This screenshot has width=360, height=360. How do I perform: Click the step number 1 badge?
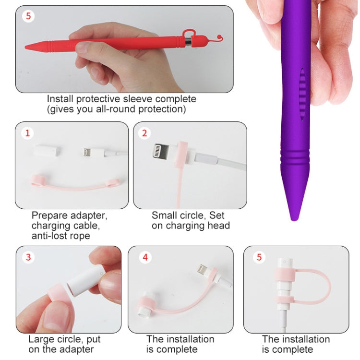click(27, 133)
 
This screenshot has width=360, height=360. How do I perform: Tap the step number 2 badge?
click(144, 133)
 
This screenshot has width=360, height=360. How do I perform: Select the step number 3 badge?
click(28, 257)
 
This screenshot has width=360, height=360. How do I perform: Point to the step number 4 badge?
click(145, 257)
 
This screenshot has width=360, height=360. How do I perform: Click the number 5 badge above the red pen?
click(28, 16)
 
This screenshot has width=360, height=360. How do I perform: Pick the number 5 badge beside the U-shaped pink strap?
click(259, 257)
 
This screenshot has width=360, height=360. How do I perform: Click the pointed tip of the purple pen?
click(294, 219)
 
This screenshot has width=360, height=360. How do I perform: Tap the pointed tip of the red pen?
click(26, 48)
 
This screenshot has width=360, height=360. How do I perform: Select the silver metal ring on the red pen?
click(188, 42)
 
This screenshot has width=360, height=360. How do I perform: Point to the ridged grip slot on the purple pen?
click(302, 94)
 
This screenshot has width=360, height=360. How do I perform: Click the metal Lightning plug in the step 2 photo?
click(161, 151)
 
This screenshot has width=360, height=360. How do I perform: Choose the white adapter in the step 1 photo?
click(48, 150)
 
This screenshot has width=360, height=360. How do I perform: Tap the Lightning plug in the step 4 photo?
click(203, 269)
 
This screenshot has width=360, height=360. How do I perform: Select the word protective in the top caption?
click(98, 99)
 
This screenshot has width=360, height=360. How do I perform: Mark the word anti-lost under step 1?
click(48, 236)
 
